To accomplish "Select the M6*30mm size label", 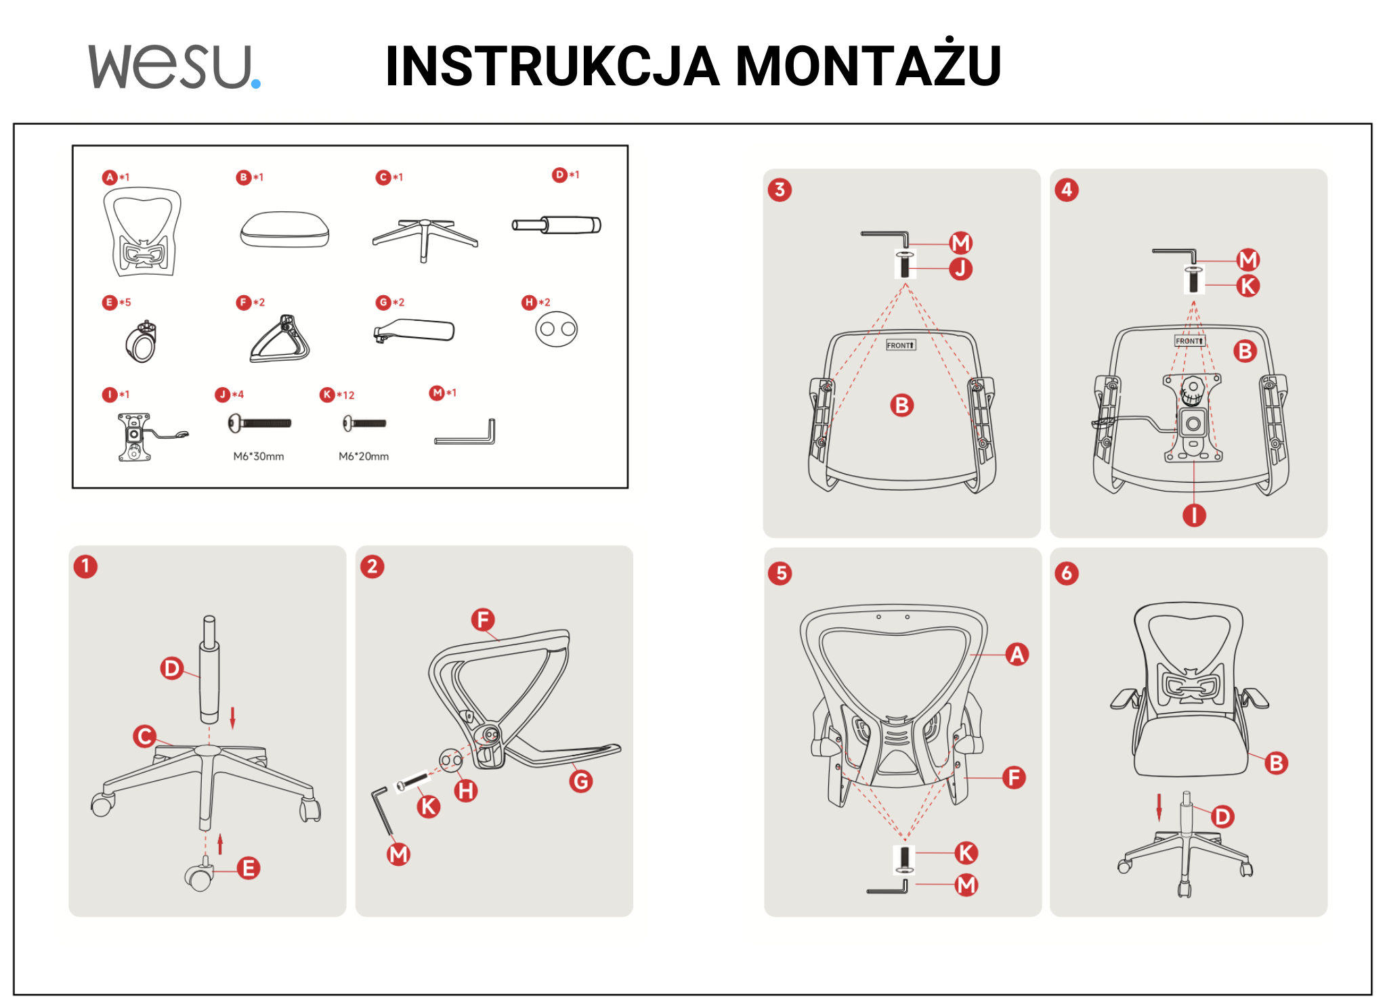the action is pos(259,456).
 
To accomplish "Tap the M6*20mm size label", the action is pos(364,456).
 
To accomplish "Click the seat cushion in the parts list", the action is pos(284,229).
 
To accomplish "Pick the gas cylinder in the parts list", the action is pos(557,225).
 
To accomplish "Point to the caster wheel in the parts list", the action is pos(142,342).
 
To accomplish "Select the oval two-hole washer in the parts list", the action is pos(557,329).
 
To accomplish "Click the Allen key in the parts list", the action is pos(465,432).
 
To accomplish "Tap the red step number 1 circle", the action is pos(85,566).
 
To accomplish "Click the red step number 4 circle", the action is pos(1067,190).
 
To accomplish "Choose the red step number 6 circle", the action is pos(1067,573).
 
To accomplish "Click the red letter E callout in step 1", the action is pos(249,868).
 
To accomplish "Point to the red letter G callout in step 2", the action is pos(581,781).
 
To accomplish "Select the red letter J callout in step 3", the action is pos(960,269).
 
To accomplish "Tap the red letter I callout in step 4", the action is pos(1194,515).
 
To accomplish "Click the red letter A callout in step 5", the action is pos(1017,654).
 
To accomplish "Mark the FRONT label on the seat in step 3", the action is pos(901,345).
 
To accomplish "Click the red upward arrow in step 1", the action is pos(220,843).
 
